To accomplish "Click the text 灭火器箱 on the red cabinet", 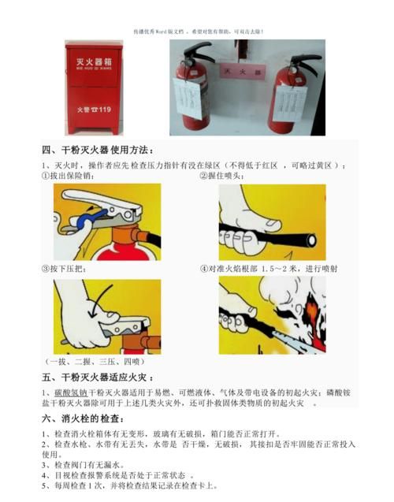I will pyautogui.click(x=93, y=61).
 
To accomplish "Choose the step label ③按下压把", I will pyautogui.click(x=63, y=269).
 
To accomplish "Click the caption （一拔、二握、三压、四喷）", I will pyautogui.click(x=91, y=360).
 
